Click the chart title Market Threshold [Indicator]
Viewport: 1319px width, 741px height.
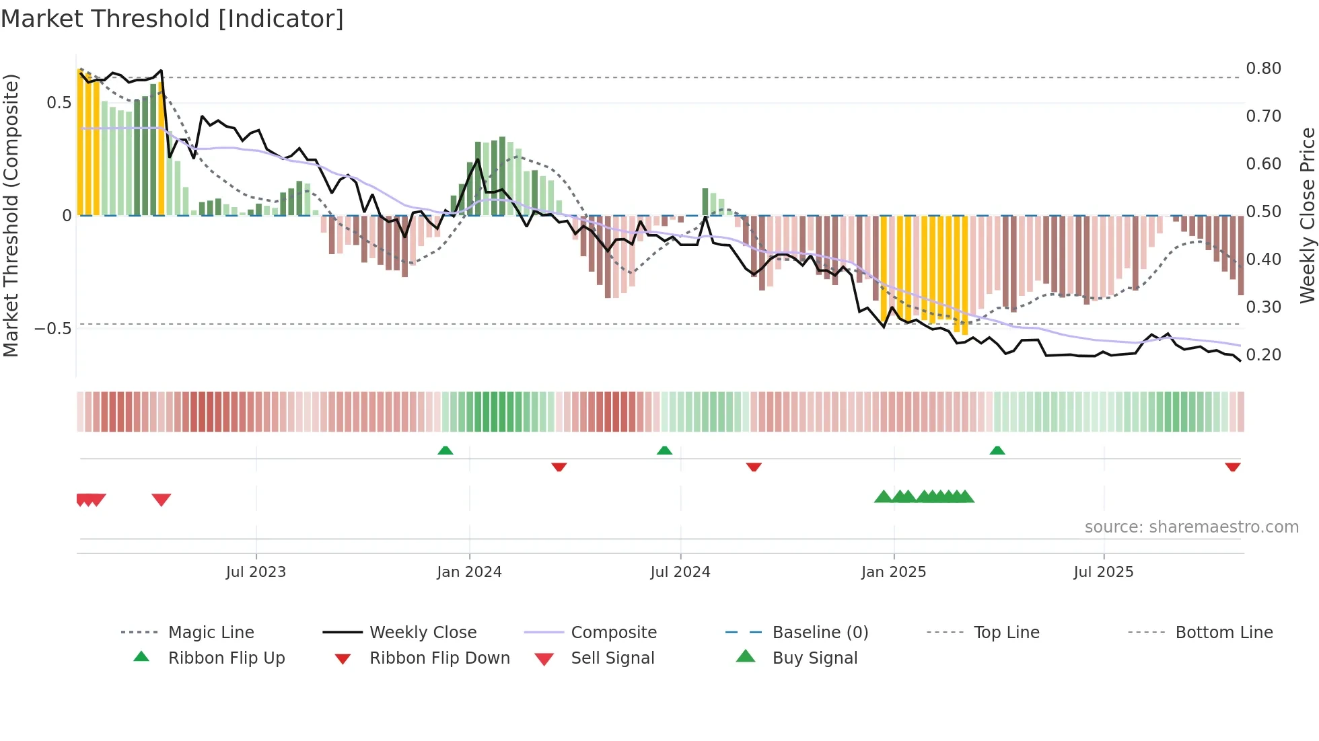172,19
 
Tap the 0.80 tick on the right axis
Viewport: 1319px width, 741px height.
1263,69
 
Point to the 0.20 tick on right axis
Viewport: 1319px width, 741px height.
1263,355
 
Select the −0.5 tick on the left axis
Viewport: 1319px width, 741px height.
52,329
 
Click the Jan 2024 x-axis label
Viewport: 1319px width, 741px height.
469,572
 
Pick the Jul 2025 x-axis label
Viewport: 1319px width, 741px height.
1103,572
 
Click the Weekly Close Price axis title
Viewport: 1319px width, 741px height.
1307,215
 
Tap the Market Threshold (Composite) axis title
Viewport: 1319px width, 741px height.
11,215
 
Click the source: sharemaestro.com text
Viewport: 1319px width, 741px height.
1191,527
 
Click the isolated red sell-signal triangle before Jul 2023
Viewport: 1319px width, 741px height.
162,500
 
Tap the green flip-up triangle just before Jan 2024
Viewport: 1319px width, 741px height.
445,451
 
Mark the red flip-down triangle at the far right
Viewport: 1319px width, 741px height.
1232,467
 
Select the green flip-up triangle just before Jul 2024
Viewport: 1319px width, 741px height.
664,451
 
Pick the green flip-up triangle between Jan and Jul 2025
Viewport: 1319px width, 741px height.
997,451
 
